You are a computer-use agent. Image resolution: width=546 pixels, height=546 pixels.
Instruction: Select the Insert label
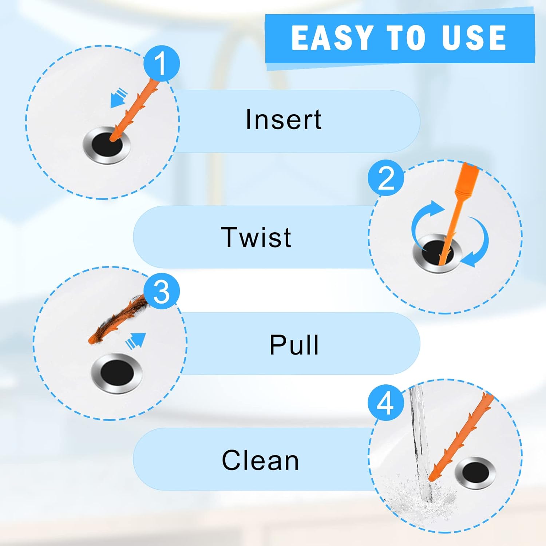click(284, 119)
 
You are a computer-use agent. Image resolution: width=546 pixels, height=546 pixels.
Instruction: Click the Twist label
click(256, 237)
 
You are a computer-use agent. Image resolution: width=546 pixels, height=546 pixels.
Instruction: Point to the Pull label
click(294, 345)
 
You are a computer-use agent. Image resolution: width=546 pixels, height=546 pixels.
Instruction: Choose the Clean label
click(260, 460)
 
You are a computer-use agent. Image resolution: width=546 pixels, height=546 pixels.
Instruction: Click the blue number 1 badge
click(161, 64)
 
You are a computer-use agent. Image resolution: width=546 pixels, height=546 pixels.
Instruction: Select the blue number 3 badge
click(161, 291)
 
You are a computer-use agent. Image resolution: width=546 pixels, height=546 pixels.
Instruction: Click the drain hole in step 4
click(475, 472)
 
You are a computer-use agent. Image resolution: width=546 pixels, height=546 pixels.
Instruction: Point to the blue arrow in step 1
click(119, 99)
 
